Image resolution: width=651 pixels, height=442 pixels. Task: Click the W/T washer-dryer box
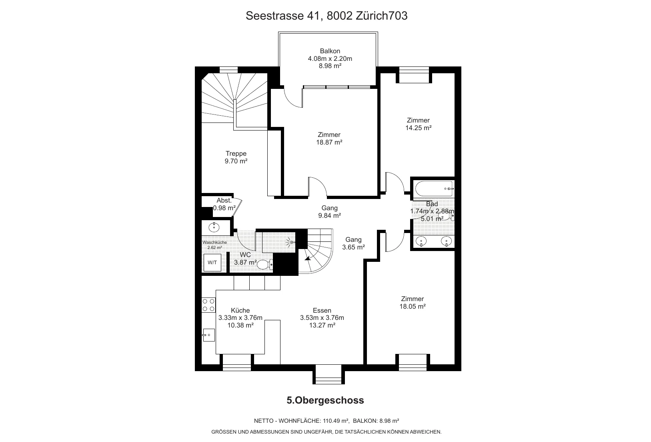(212, 263)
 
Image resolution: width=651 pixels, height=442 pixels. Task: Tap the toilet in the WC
(265, 264)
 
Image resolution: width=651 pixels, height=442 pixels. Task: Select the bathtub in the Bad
(434, 189)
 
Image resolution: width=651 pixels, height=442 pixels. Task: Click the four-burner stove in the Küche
(209, 305)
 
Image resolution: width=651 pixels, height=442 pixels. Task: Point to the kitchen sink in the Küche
(209, 335)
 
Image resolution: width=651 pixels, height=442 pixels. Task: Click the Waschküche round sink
(214, 227)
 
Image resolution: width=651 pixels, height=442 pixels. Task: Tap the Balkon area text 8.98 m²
(330, 66)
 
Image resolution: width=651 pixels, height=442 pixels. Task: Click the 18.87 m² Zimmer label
(329, 139)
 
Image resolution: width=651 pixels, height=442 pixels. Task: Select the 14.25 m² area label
(418, 128)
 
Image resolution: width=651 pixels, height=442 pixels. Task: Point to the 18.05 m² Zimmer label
(413, 303)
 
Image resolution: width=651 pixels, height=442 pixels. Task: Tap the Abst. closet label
(224, 200)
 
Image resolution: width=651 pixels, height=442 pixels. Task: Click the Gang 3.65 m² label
(353, 243)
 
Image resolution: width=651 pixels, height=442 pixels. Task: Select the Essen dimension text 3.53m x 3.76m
(322, 318)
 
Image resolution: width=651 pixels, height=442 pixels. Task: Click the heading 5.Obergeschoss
(325, 400)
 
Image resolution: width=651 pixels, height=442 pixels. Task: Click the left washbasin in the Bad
(421, 241)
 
